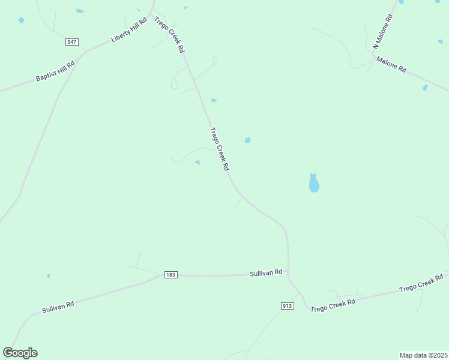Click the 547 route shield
point(72,42)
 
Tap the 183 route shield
point(170,275)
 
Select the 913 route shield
point(288,306)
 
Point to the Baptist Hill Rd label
point(55,71)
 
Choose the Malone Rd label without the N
point(391,64)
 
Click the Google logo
point(20,353)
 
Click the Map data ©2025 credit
point(423,355)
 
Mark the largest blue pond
point(313,184)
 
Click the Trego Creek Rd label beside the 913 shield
point(333,304)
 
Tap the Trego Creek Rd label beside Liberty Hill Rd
point(169,35)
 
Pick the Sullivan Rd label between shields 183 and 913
point(266,273)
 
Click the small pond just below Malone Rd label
point(425,88)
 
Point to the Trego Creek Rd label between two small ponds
point(220,149)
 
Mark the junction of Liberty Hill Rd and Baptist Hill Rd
point(85,52)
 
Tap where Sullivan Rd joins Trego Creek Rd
point(289,276)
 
